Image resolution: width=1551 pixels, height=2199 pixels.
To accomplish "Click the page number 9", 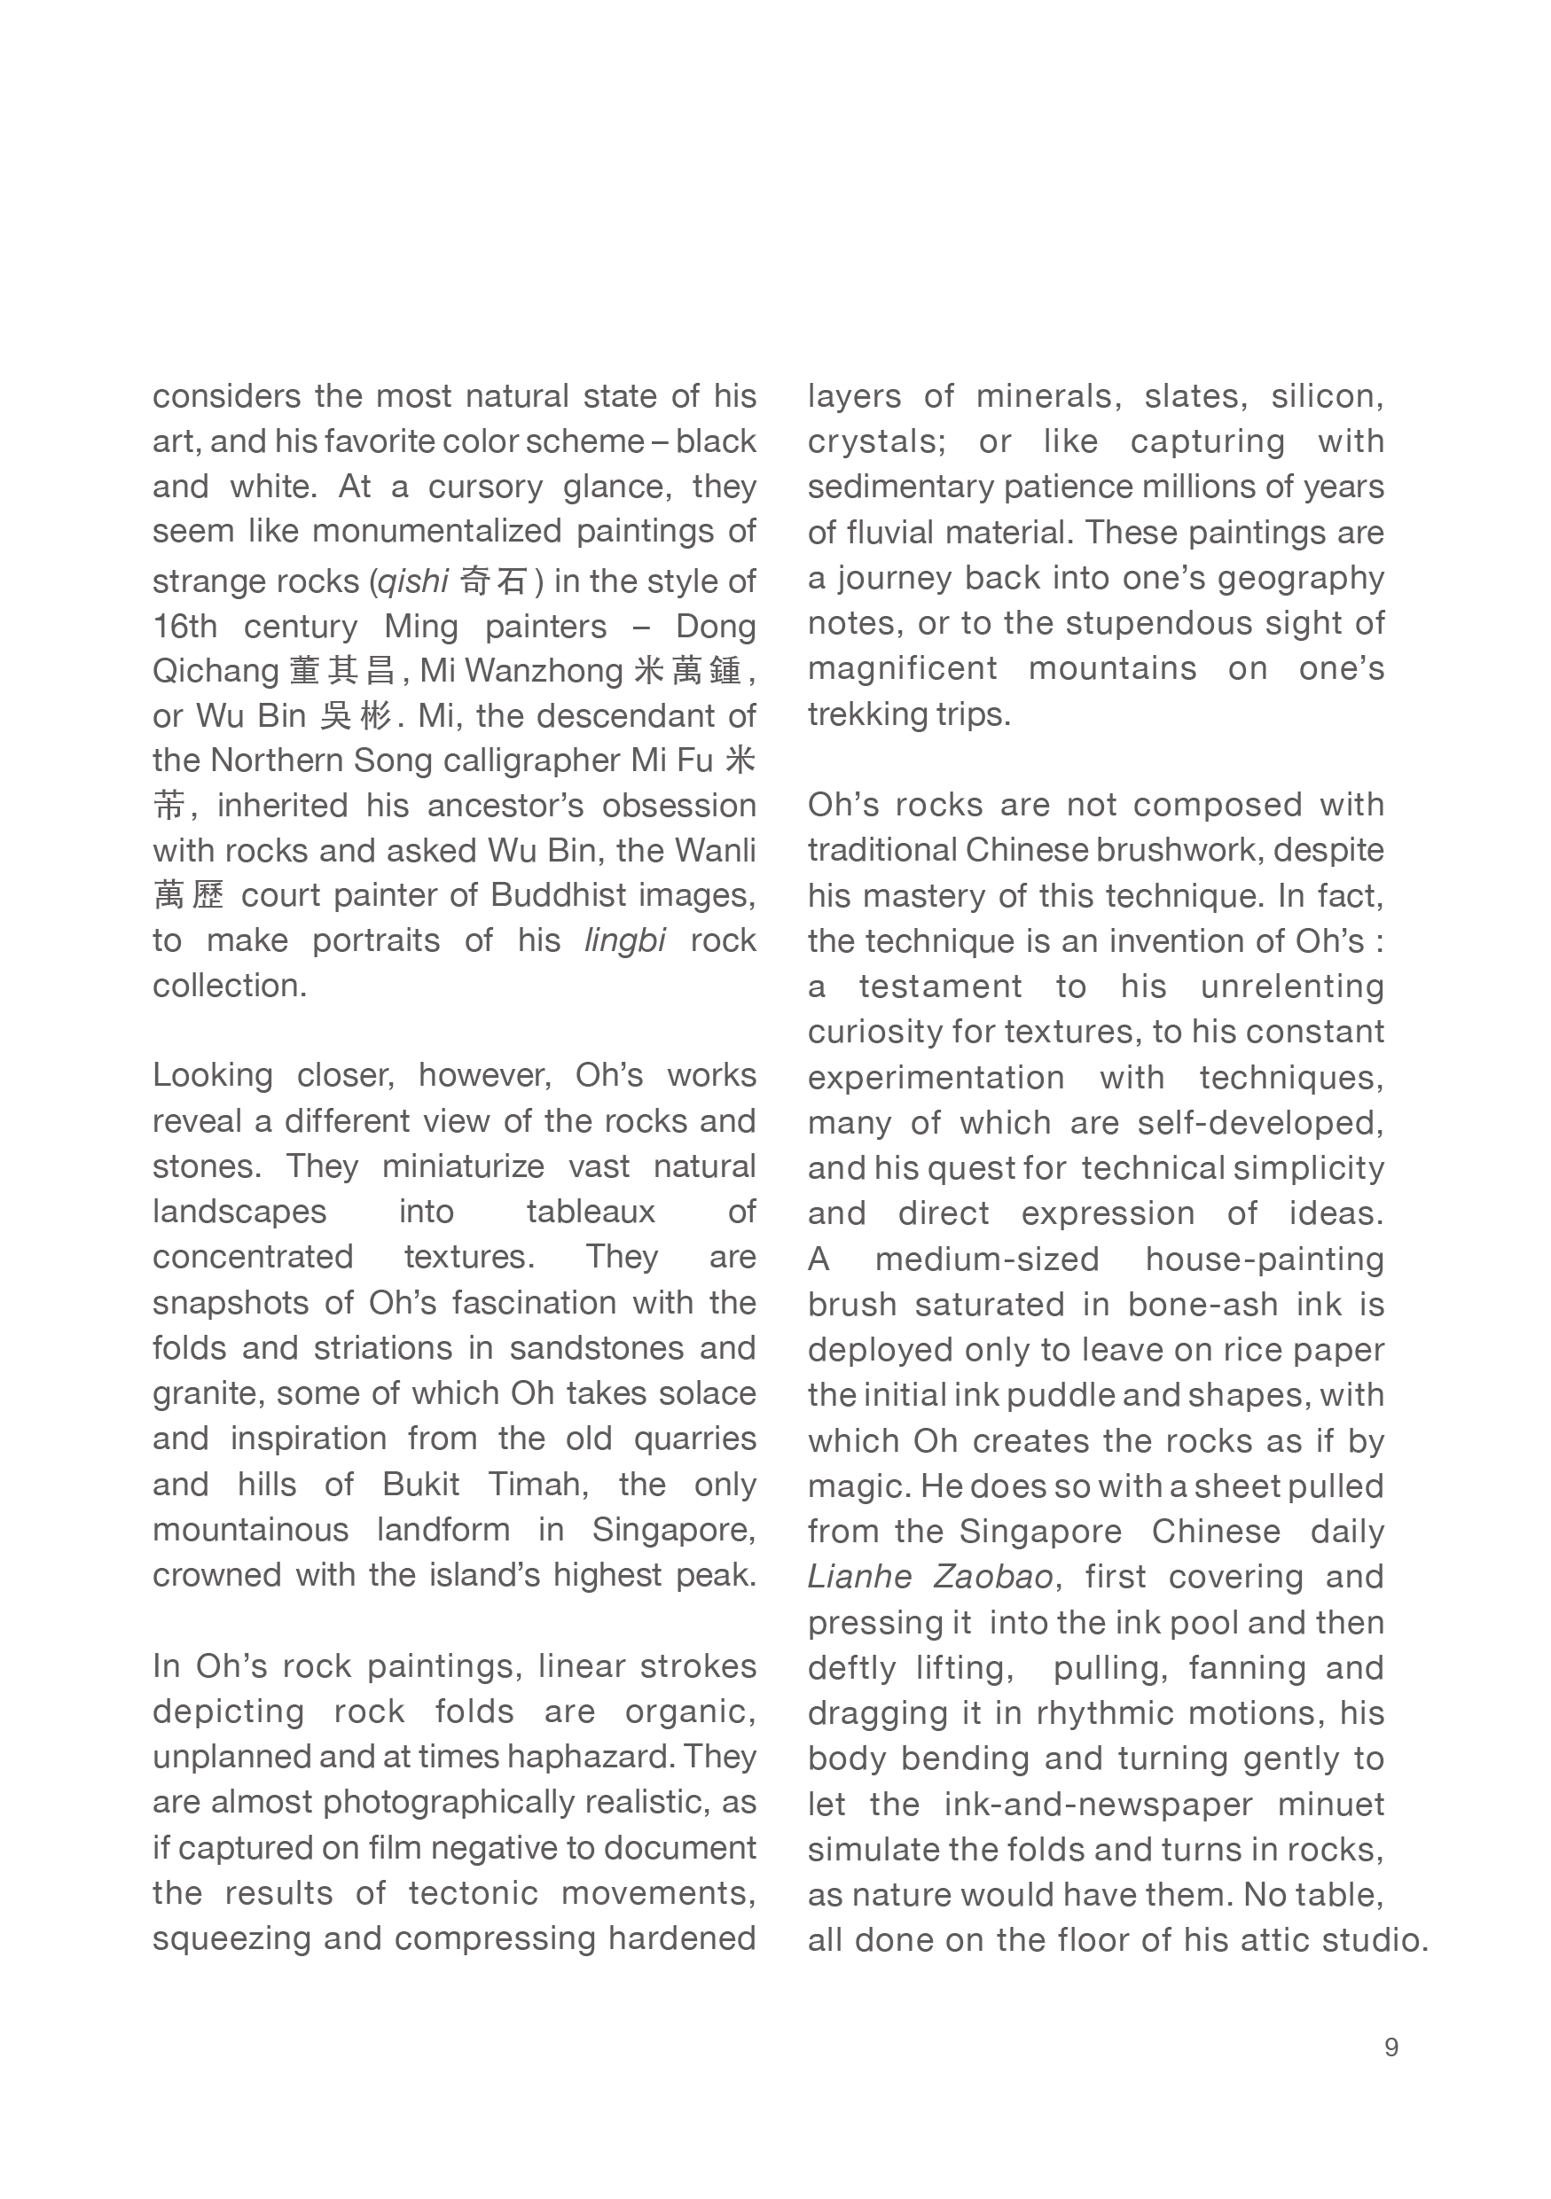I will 1391,2047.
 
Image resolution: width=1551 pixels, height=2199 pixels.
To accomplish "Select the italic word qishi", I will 413,581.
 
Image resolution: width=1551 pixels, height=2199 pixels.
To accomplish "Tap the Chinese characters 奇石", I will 493,581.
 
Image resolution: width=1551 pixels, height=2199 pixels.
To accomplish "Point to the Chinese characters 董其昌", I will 342,671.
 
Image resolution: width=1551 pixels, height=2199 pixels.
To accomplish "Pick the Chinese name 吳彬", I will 356,716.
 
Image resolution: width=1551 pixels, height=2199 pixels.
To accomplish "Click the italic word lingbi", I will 624,940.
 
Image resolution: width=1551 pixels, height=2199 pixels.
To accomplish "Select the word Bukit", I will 420,1484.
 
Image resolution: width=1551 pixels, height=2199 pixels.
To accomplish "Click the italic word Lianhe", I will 857,1577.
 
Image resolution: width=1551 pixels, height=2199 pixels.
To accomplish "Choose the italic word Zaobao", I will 992,1577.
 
